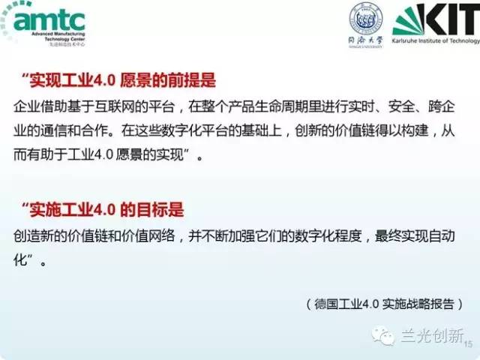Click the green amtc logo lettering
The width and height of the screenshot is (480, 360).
click(49, 20)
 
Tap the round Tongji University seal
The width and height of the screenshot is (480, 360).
click(365, 18)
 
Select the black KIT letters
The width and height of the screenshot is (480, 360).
click(453, 19)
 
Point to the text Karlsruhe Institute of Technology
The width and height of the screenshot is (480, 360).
click(436, 40)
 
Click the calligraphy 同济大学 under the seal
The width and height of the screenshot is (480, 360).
click(365, 40)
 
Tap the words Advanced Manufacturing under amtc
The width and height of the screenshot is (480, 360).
click(58, 34)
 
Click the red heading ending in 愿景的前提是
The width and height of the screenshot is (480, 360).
click(118, 80)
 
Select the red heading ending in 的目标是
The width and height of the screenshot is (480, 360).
click(103, 210)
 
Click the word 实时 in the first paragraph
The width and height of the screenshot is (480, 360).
click(362, 106)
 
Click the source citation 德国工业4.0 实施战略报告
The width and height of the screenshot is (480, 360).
click(385, 304)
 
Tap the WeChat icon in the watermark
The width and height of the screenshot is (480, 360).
click(382, 335)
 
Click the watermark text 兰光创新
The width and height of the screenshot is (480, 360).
click(432, 335)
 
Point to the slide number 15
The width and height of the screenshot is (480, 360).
click(469, 343)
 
